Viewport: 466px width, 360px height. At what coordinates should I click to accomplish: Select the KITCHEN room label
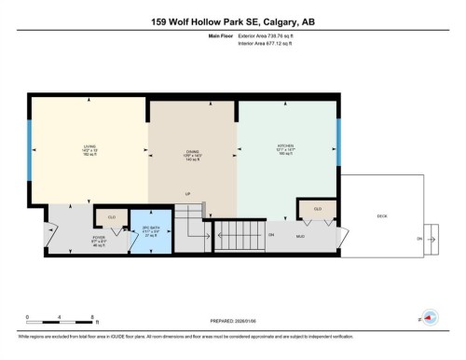click(x=285, y=146)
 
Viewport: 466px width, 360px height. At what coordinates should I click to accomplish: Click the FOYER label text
click(x=98, y=237)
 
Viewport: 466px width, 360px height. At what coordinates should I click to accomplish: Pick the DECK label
click(x=382, y=215)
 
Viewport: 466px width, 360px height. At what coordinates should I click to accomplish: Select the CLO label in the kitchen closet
click(x=318, y=209)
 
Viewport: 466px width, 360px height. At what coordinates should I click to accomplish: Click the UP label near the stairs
click(x=187, y=194)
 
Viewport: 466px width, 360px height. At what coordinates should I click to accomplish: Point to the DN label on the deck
click(x=418, y=240)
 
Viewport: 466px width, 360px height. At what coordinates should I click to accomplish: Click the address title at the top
click(x=233, y=22)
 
